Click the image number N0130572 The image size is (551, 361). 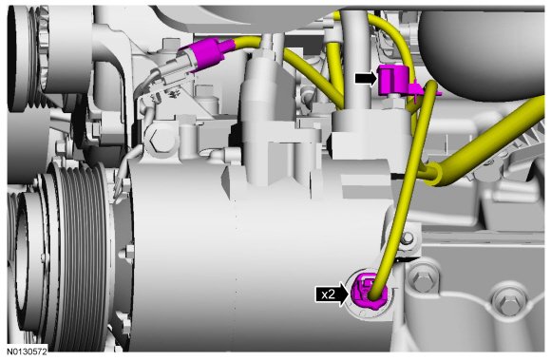pyautogui.click(x=27, y=351)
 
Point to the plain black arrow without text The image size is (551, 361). pyautogui.click(x=366, y=79)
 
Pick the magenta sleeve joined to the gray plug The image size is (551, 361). pyautogui.click(x=209, y=54)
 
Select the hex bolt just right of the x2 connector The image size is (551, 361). pyautogui.click(x=423, y=279)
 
